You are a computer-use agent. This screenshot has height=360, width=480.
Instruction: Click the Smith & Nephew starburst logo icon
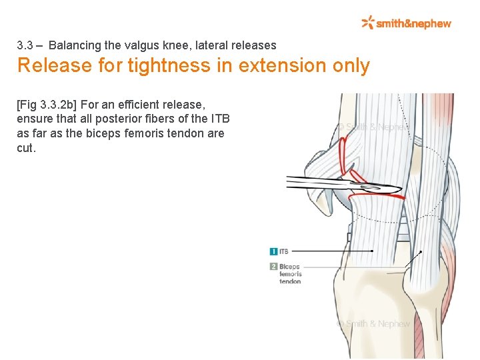(x=368, y=23)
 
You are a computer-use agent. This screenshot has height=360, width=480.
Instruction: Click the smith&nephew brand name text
(x=413, y=24)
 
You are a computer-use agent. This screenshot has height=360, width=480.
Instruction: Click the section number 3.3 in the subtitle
(x=25, y=45)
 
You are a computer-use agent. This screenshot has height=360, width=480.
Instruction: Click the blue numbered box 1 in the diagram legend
(x=273, y=251)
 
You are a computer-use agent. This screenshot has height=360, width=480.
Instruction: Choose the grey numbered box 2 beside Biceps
(x=273, y=266)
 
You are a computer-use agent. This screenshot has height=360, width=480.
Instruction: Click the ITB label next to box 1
(x=284, y=251)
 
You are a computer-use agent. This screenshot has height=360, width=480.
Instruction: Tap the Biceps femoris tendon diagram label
(x=290, y=273)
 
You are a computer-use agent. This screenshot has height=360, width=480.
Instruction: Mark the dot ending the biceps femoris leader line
(x=420, y=253)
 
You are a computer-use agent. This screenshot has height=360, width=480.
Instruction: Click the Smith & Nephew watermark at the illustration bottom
(x=373, y=323)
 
